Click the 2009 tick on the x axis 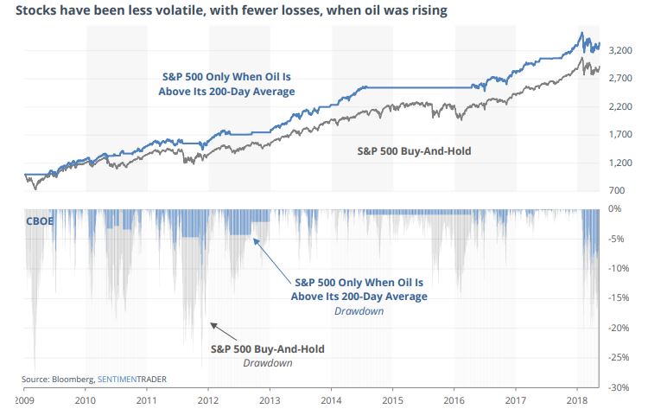coord(24,401)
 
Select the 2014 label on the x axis coord(331,401)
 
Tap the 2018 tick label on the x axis coord(577,401)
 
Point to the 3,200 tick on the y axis coord(623,51)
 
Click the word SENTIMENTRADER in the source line coord(132,380)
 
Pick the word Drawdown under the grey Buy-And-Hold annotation coord(269,362)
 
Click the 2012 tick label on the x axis coord(208,401)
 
